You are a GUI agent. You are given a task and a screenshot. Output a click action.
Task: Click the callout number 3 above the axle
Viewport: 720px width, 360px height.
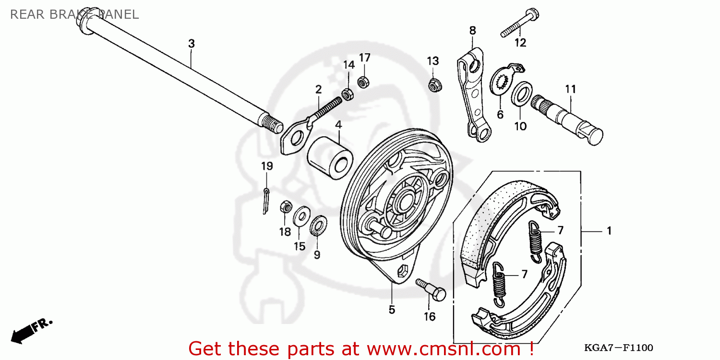point(191,44)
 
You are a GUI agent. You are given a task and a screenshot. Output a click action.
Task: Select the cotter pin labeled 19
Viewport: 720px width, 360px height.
point(265,200)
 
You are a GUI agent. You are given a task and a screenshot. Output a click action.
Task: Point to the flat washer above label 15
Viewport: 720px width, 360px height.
point(301,216)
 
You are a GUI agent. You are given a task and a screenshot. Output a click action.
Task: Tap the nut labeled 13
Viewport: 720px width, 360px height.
point(434,84)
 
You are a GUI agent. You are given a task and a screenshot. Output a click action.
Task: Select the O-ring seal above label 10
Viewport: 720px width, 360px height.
point(521,94)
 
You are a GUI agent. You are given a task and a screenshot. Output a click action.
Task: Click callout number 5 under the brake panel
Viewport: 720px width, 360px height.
point(392,310)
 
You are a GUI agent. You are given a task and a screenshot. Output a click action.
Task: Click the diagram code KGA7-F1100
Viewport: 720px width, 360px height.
point(618,348)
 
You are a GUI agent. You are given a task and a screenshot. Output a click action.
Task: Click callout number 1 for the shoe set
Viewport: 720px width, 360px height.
point(609,231)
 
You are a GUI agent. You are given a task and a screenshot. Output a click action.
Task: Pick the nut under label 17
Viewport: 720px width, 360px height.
point(364,81)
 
